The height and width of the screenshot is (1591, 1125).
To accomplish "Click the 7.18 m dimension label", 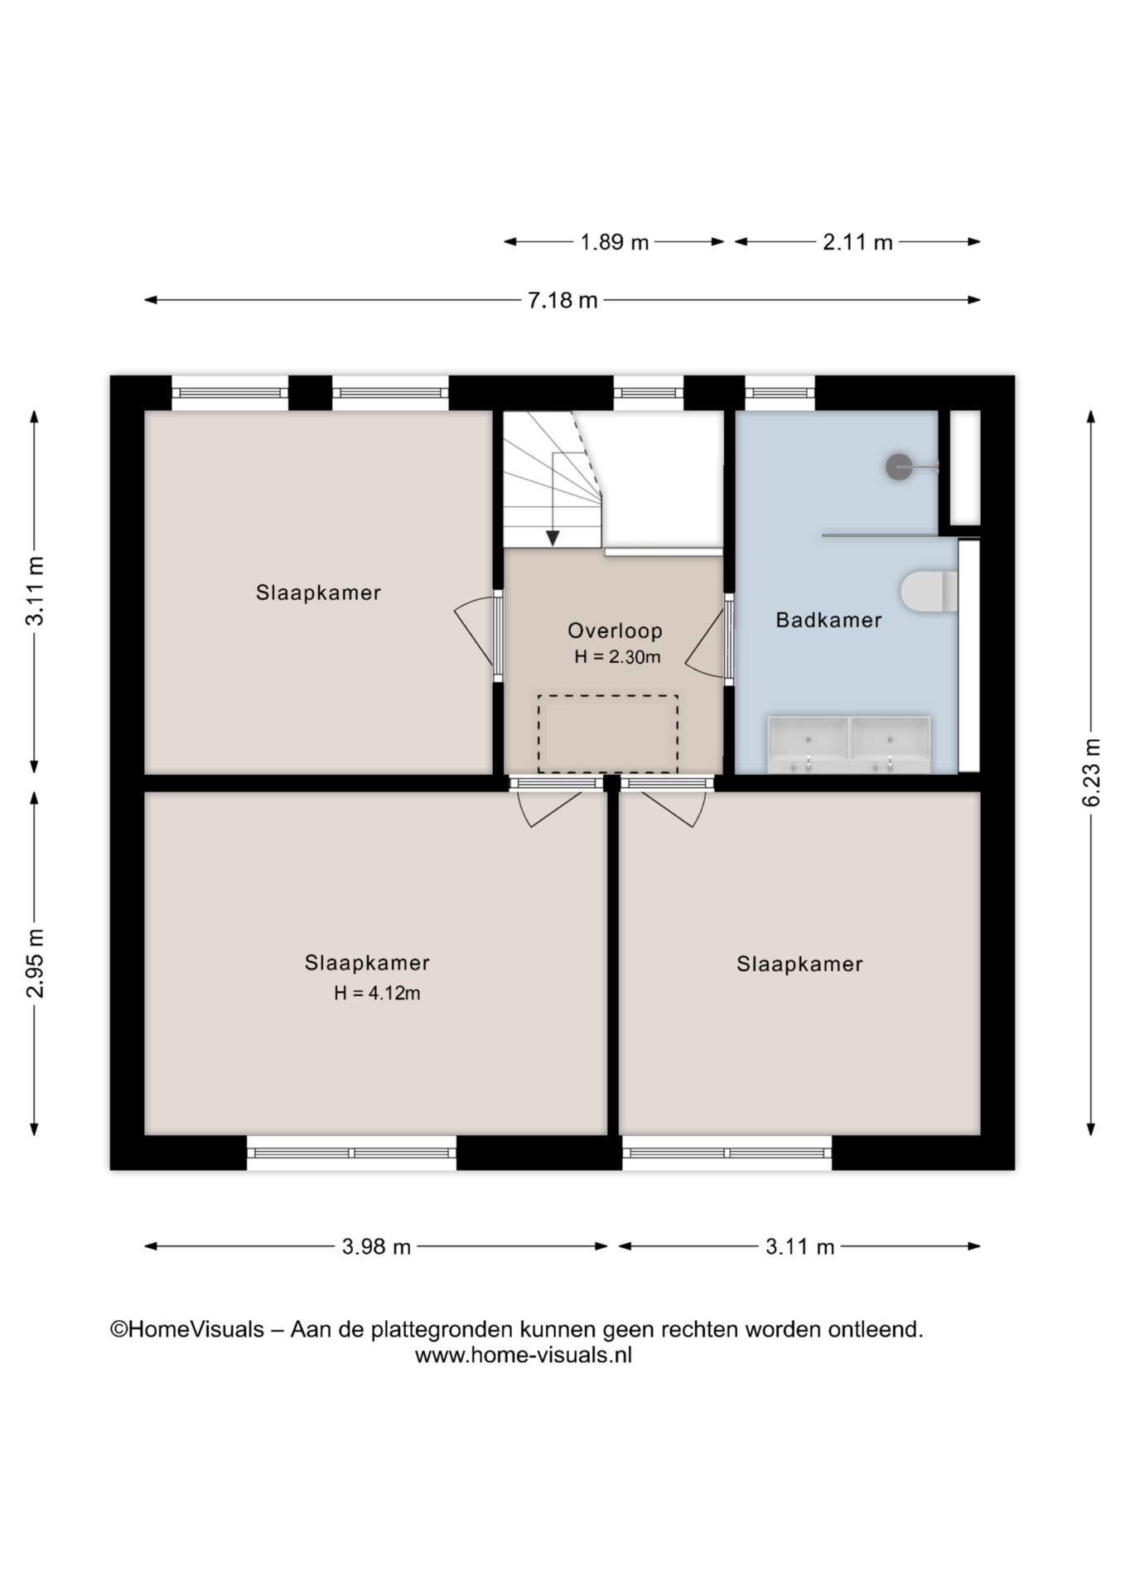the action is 562,300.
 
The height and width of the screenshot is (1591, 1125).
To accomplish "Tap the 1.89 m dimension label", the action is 614,242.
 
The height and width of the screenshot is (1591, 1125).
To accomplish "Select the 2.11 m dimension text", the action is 857,242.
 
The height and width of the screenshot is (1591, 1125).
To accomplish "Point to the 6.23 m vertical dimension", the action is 1092,772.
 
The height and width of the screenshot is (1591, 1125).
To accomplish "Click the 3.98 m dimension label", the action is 376,1246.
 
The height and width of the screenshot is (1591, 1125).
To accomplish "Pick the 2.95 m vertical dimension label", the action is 35,963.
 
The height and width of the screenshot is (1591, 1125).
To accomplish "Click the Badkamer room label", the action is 828,620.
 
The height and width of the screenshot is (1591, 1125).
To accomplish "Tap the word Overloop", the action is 615,631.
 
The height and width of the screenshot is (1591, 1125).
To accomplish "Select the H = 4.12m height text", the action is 377,993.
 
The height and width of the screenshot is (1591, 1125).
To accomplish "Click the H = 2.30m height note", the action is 617,657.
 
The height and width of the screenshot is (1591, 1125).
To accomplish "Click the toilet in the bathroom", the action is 929,591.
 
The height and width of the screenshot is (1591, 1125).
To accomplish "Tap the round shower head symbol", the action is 899,467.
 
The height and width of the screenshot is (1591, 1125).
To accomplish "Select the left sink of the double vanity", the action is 808,744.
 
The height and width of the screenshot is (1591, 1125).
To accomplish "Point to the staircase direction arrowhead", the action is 553,539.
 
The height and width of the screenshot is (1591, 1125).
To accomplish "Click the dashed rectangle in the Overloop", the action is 608,733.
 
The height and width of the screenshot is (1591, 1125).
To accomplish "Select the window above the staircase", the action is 649,393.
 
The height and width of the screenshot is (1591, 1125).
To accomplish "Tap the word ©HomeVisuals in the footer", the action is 187,1329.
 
